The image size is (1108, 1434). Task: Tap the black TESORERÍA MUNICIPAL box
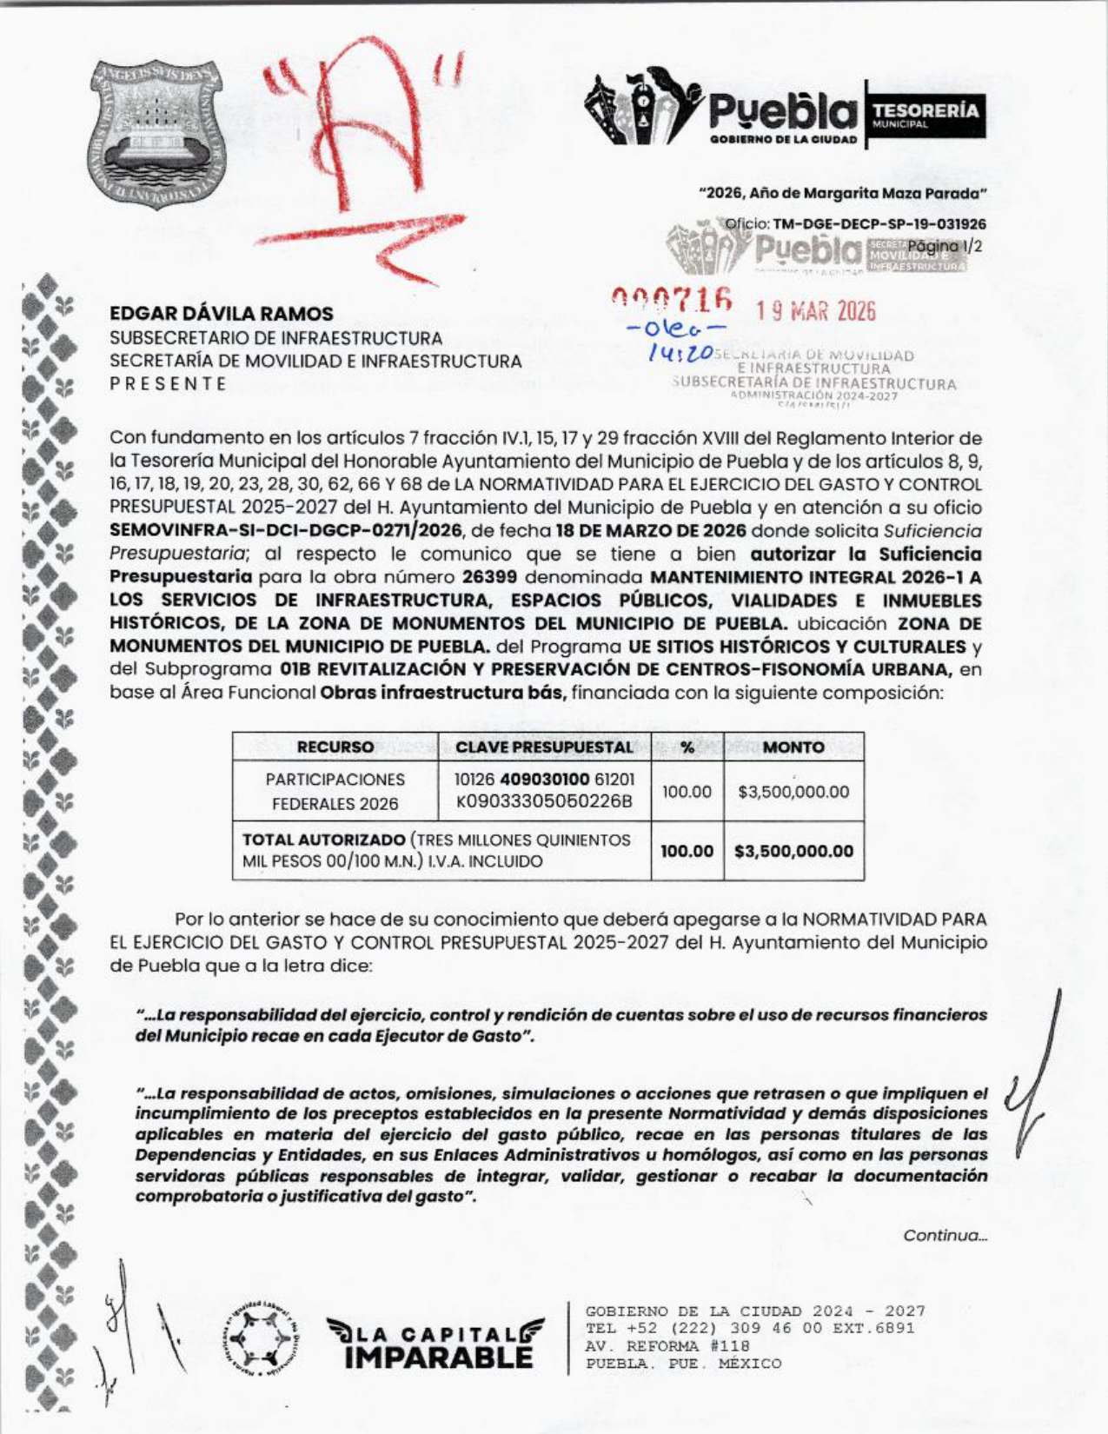click(x=926, y=115)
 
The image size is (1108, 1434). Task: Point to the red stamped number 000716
click(x=671, y=300)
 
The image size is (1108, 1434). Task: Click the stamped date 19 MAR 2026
click(x=815, y=311)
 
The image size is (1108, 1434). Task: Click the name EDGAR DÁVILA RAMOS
click(x=221, y=314)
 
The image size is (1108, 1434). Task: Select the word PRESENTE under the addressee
click(x=169, y=384)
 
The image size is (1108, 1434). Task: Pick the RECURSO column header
click(x=335, y=747)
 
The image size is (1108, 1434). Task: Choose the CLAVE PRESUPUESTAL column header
click(x=544, y=747)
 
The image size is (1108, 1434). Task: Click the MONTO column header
click(x=793, y=747)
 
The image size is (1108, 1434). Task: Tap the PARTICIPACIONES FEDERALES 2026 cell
click(x=335, y=792)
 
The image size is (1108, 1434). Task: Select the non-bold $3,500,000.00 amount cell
click(x=793, y=792)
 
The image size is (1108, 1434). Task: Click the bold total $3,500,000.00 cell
click(x=793, y=851)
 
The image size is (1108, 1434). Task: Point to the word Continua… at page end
click(x=945, y=1235)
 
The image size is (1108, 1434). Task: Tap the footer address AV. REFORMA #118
click(x=667, y=1346)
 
